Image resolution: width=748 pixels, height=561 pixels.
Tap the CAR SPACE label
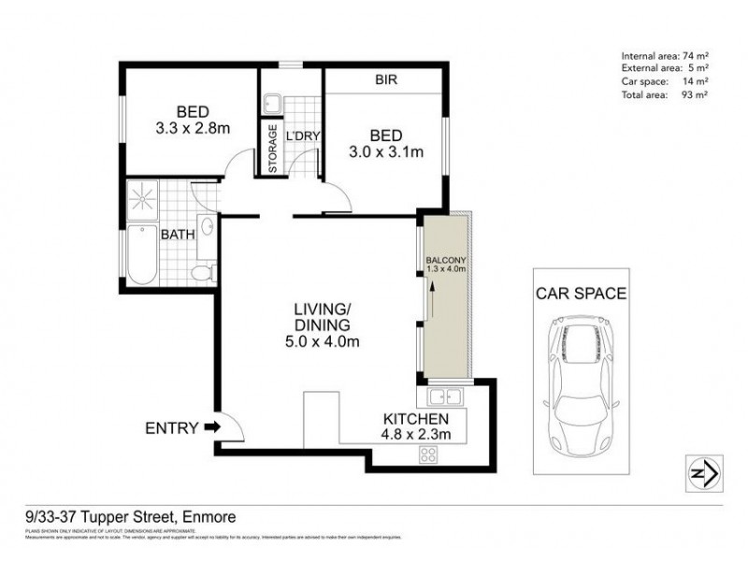(x=581, y=293)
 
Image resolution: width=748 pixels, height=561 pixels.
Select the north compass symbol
(x=702, y=472)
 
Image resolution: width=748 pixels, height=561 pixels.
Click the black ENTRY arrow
(x=212, y=428)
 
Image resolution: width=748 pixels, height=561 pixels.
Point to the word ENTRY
(x=171, y=428)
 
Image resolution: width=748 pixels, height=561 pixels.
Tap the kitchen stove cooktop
(x=430, y=454)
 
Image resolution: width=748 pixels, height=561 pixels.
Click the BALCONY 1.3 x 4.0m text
(x=445, y=264)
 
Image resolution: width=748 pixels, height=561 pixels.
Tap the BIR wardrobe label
(x=386, y=80)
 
